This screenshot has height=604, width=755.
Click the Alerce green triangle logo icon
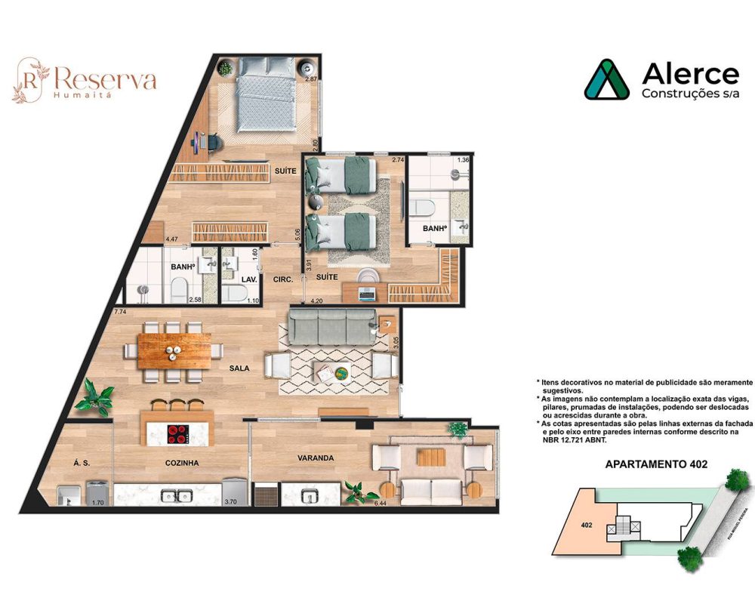[x=606, y=80]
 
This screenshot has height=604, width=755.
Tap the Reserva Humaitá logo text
[x=94, y=79]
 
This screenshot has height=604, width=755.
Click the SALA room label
[x=241, y=368]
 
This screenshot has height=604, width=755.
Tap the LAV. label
[x=250, y=279]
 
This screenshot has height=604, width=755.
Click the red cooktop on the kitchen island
[x=178, y=433]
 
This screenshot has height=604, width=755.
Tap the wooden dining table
[x=174, y=350]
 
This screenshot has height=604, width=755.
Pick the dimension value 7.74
[x=119, y=311]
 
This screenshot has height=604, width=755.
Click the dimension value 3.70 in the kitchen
[x=232, y=502]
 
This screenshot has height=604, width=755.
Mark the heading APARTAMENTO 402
[x=656, y=464]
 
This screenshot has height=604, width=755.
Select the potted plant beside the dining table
[x=98, y=393]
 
